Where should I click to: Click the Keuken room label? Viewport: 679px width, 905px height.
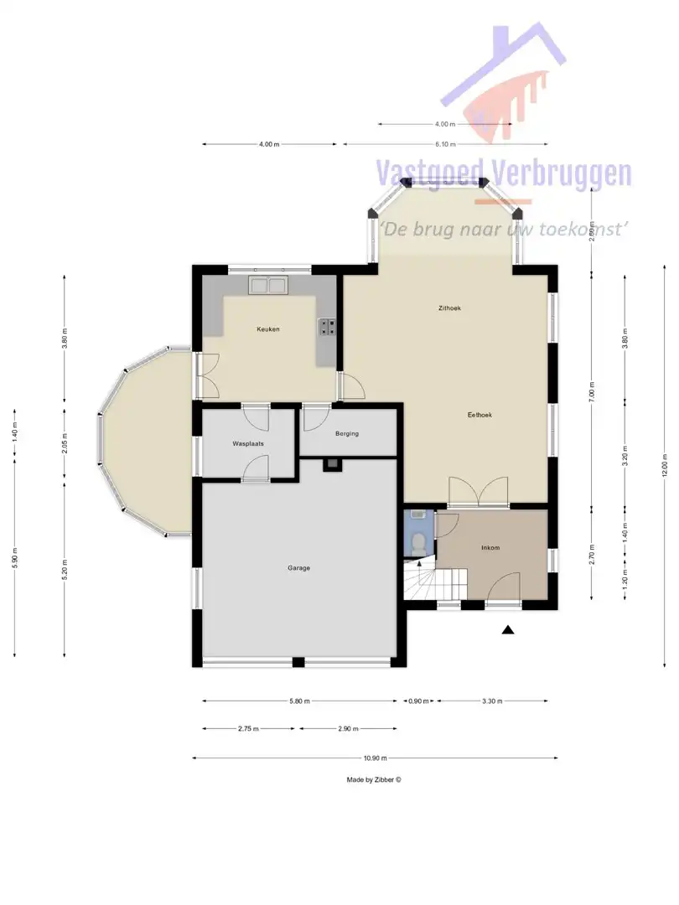coord(268,329)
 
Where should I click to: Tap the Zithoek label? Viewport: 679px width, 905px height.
coord(449,308)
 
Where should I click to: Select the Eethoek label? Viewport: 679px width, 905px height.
coord(479,415)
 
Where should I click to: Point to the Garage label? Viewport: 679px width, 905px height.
coord(299,568)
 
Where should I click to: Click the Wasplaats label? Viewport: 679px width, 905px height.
coord(247,443)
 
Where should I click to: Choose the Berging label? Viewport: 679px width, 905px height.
coord(346,434)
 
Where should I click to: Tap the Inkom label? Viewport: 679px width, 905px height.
coord(490,548)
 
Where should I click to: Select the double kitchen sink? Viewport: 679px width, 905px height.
coord(268,285)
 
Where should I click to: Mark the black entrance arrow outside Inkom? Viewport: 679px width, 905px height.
coord(507,630)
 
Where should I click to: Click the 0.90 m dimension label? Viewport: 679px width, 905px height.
coord(417,701)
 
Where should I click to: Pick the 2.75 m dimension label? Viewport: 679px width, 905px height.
coord(249,729)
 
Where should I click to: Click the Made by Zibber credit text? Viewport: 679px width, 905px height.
coord(374,779)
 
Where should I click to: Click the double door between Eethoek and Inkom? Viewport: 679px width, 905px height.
coord(478,493)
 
